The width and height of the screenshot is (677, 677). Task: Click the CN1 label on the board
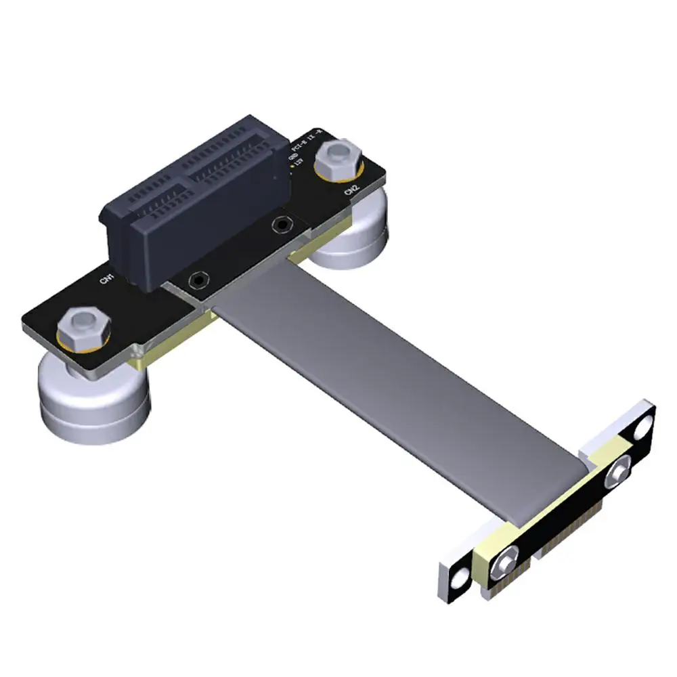tap(106, 278)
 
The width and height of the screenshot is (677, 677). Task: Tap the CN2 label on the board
tap(351, 191)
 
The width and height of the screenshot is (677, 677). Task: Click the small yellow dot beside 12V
tap(291, 165)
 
